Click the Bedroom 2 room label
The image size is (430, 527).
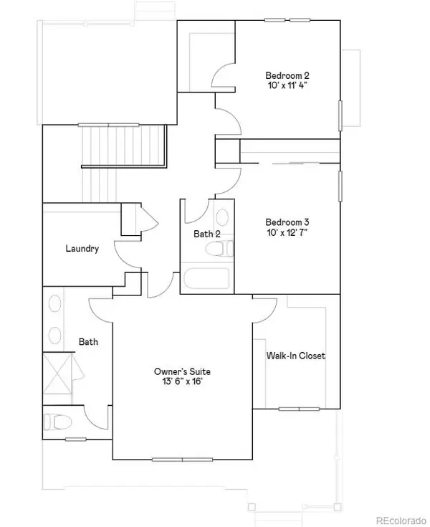coord(287,75)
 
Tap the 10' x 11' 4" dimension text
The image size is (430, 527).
coord(288,85)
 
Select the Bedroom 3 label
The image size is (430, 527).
coord(287,222)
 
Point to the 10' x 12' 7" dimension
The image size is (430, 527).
coord(287,232)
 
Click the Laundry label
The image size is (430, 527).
coord(82,249)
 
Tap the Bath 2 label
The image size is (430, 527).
coord(207,234)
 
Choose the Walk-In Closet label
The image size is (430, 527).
coord(295,356)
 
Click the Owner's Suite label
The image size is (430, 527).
coord(182,371)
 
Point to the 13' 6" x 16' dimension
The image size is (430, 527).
coord(182,381)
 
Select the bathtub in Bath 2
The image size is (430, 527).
coord(206,278)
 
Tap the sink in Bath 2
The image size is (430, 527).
coord(222,217)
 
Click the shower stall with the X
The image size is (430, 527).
coord(57,373)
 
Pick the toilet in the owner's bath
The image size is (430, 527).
coord(57,422)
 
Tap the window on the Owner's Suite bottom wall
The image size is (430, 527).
coord(183,459)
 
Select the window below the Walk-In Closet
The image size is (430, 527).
coord(299,409)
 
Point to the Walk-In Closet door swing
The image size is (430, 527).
coord(265,309)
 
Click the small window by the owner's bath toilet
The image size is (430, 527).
coord(75,439)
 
